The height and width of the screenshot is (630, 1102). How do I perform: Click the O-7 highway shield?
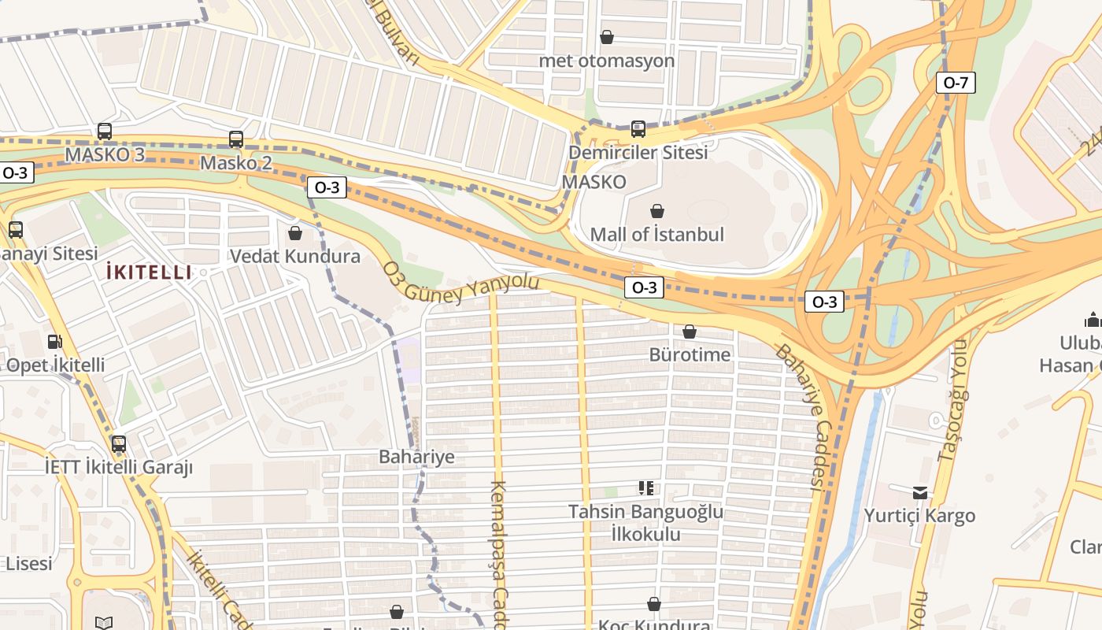pyautogui.click(x=956, y=83)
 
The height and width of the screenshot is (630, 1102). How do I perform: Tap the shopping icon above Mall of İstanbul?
pyautogui.click(x=657, y=211)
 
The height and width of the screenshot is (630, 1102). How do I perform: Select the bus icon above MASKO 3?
pyautogui.click(x=105, y=132)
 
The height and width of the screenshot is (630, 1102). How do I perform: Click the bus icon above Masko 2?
pyautogui.click(x=236, y=139)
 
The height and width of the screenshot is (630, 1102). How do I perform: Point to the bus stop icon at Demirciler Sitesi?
pyautogui.click(x=638, y=128)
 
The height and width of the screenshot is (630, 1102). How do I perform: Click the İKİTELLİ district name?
pyautogui.click(x=149, y=272)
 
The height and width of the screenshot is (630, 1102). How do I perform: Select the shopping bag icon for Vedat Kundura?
pyautogui.click(x=295, y=233)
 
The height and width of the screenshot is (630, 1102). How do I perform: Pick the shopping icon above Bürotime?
pyautogui.click(x=690, y=332)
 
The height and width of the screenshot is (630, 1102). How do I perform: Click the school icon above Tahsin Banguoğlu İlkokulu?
pyautogui.click(x=646, y=488)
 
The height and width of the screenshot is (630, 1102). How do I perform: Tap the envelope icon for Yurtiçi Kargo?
pyautogui.click(x=920, y=493)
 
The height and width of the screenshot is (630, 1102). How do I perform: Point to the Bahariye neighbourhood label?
pyautogui.click(x=416, y=457)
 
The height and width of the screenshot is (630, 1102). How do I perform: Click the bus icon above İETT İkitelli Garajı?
pyautogui.click(x=119, y=444)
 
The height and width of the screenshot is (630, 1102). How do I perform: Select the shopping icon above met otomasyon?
pyautogui.click(x=607, y=37)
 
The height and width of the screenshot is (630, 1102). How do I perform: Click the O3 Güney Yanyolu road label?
pyautogui.click(x=461, y=287)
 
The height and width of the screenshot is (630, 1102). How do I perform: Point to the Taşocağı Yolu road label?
pyautogui.click(x=951, y=402)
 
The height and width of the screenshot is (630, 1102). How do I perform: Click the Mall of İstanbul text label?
pyautogui.click(x=656, y=235)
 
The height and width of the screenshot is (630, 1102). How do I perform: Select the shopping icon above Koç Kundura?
pyautogui.click(x=654, y=604)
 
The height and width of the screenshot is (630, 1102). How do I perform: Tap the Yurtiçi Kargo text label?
pyautogui.click(x=919, y=516)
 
